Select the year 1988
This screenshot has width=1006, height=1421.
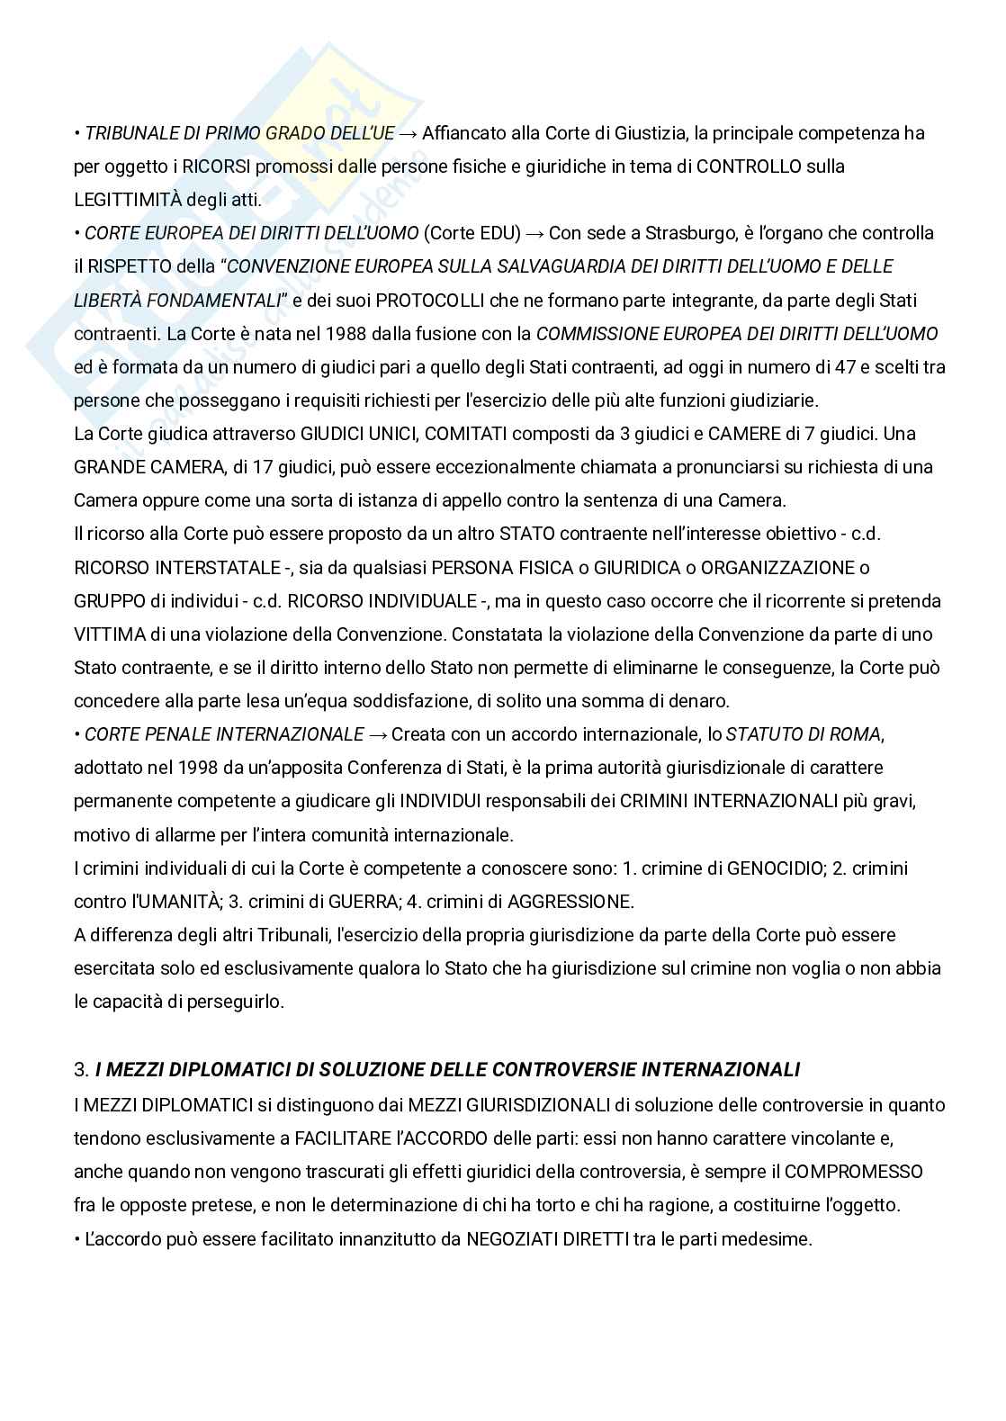coord(322,334)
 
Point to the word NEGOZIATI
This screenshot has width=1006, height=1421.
coord(508,1239)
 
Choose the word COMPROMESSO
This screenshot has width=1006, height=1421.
coord(854,1172)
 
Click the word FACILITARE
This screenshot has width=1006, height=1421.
coord(342,1138)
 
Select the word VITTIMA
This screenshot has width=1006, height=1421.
coord(110,634)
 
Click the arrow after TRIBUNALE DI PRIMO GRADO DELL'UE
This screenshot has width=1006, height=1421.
coord(408,133)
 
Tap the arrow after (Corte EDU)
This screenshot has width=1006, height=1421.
coord(534,233)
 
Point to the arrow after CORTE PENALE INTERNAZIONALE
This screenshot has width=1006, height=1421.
coord(378,734)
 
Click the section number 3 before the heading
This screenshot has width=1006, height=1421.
coord(79,1070)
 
